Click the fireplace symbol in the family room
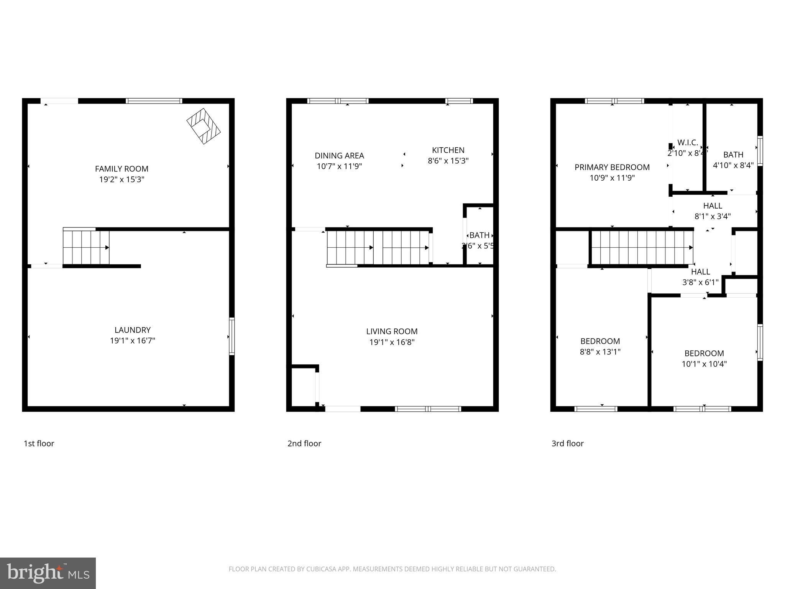204,126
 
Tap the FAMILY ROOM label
122,169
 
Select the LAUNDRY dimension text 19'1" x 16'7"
132,341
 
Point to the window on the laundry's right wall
232,336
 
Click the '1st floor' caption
39,443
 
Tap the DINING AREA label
339,156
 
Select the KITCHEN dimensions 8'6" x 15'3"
448,161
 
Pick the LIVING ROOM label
392,331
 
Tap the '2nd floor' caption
304,443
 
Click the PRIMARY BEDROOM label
612,167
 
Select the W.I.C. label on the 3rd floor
687,143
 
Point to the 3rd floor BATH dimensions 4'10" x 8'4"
733,165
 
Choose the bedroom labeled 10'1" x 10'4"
704,359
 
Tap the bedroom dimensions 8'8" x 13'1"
600,352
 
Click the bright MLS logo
48,573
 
